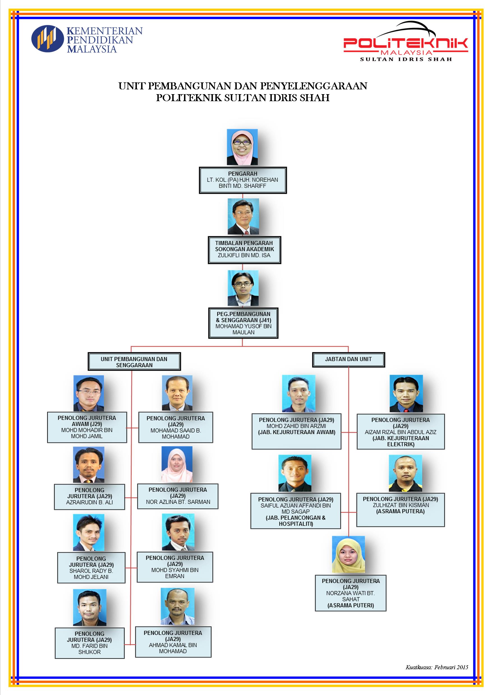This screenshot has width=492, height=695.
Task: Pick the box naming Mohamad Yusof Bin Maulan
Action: click(x=243, y=323)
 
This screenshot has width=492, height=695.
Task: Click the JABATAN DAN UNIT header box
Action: click(x=348, y=359)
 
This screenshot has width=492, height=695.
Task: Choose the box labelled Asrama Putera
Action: click(x=401, y=510)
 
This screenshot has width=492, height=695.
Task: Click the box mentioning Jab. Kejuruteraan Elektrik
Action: click(x=401, y=432)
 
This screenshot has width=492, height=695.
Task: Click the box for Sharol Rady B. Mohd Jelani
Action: click(x=91, y=567)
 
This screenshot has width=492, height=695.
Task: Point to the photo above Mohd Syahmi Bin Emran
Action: click(x=178, y=532)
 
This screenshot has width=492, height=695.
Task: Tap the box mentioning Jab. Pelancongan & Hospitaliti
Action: click(x=296, y=511)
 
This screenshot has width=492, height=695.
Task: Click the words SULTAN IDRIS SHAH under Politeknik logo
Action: click(x=406, y=59)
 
